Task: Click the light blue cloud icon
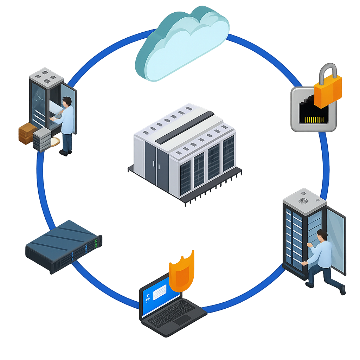point(183,44)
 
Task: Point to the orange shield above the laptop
point(182,272)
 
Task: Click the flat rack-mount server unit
point(64,246)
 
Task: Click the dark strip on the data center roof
point(185,127)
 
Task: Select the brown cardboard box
point(27,133)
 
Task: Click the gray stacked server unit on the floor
point(42,139)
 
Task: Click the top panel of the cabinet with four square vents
point(46,75)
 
